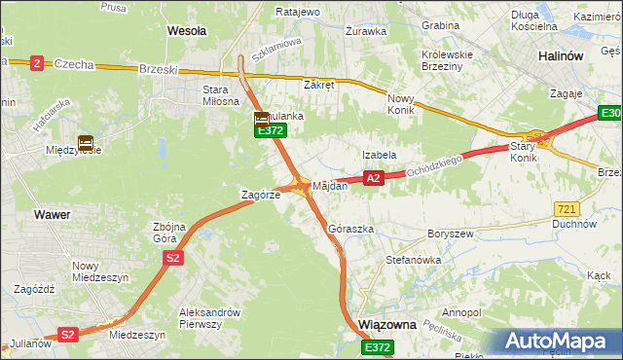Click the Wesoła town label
click(x=187, y=31)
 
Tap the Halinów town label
click(x=561, y=56)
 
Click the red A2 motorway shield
click(x=373, y=178)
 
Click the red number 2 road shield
click(x=37, y=63)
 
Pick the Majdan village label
click(x=330, y=186)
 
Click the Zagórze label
click(x=261, y=195)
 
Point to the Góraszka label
click(x=351, y=230)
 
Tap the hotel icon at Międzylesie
click(x=86, y=142)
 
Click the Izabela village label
click(x=379, y=155)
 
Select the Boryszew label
click(x=449, y=234)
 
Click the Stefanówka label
click(x=414, y=261)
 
